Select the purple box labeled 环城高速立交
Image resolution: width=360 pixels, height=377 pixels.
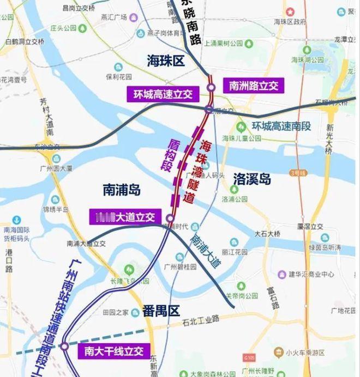[160, 94]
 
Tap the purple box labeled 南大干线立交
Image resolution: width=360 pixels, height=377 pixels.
[112, 351]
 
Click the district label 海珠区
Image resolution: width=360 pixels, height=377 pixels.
[166, 61]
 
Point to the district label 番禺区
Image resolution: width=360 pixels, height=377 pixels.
[161, 311]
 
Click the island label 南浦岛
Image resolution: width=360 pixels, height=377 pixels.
[122, 189]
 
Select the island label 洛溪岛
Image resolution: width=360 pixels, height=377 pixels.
[252, 178]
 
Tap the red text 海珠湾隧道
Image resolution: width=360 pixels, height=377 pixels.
[197, 172]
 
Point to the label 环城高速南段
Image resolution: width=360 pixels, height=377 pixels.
[281, 126]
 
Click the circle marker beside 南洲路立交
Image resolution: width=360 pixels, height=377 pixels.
[211, 87]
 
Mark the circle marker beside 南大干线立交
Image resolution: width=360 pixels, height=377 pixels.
[64, 345]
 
